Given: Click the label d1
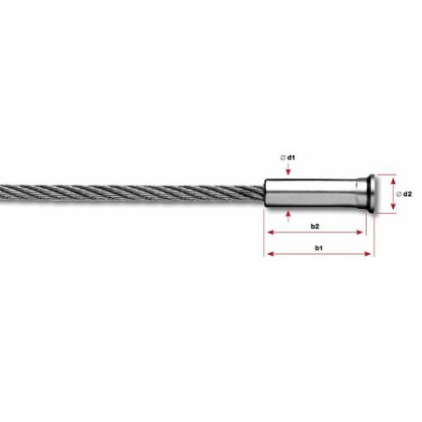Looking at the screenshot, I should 292,158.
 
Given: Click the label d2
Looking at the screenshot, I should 407,192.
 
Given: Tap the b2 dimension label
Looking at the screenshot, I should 315,227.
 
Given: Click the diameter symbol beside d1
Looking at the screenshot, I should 281,158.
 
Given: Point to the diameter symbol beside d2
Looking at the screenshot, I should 398,192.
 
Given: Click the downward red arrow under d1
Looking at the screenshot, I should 288,172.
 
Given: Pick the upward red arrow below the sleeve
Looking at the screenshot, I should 288,217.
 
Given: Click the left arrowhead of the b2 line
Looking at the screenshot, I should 271,234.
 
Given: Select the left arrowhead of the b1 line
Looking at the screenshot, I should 271,256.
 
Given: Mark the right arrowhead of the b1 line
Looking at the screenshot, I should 371,256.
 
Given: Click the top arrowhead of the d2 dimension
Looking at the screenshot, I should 388,176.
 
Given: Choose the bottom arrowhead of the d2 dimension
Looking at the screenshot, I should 388,211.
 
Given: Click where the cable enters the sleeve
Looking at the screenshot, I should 265,193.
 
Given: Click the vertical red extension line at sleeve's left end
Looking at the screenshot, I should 267,233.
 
